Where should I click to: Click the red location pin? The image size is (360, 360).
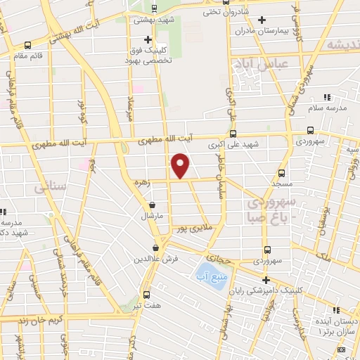pyautogui.click(x=181, y=165)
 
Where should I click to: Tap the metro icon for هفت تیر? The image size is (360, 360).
pyautogui.click(x=146, y=295)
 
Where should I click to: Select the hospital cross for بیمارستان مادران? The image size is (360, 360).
pyautogui.click(x=262, y=20)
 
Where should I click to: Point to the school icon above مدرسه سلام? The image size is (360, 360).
pyautogui.click(x=325, y=97)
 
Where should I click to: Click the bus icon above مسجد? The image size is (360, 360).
pyautogui.click(x=281, y=173)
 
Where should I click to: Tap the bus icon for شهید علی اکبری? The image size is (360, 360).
pyautogui.click(x=233, y=134)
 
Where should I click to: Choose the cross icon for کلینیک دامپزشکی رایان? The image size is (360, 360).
pyautogui.click(x=266, y=280)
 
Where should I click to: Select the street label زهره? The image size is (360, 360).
pyautogui.click(x=142, y=181)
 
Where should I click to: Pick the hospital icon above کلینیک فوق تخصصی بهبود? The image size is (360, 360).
pyautogui.click(x=147, y=39)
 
